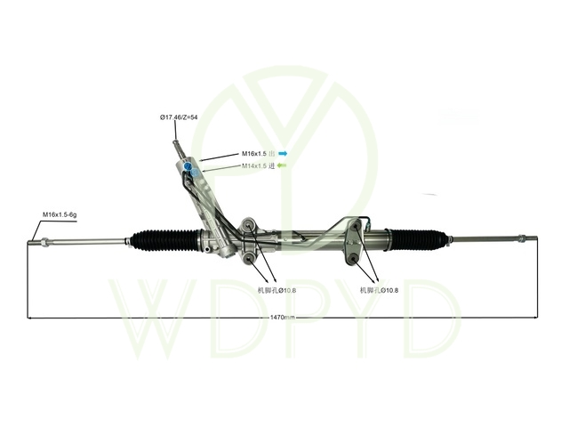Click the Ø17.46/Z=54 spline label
[x=179, y=117]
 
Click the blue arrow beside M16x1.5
[x=283, y=154]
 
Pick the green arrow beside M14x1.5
[x=282, y=165]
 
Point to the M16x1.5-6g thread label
[x=60, y=214]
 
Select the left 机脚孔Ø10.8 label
[x=276, y=290]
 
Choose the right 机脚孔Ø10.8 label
[x=379, y=290]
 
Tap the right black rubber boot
[x=417, y=239]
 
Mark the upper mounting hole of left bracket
[x=249, y=227]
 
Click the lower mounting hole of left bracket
[x=249, y=258]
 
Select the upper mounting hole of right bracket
[x=356, y=228]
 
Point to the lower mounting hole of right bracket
[x=354, y=259]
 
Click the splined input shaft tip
[x=176, y=142]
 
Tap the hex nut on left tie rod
[x=44, y=241]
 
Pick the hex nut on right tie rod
[x=522, y=239]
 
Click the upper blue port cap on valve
[x=188, y=166]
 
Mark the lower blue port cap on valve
[x=195, y=172]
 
